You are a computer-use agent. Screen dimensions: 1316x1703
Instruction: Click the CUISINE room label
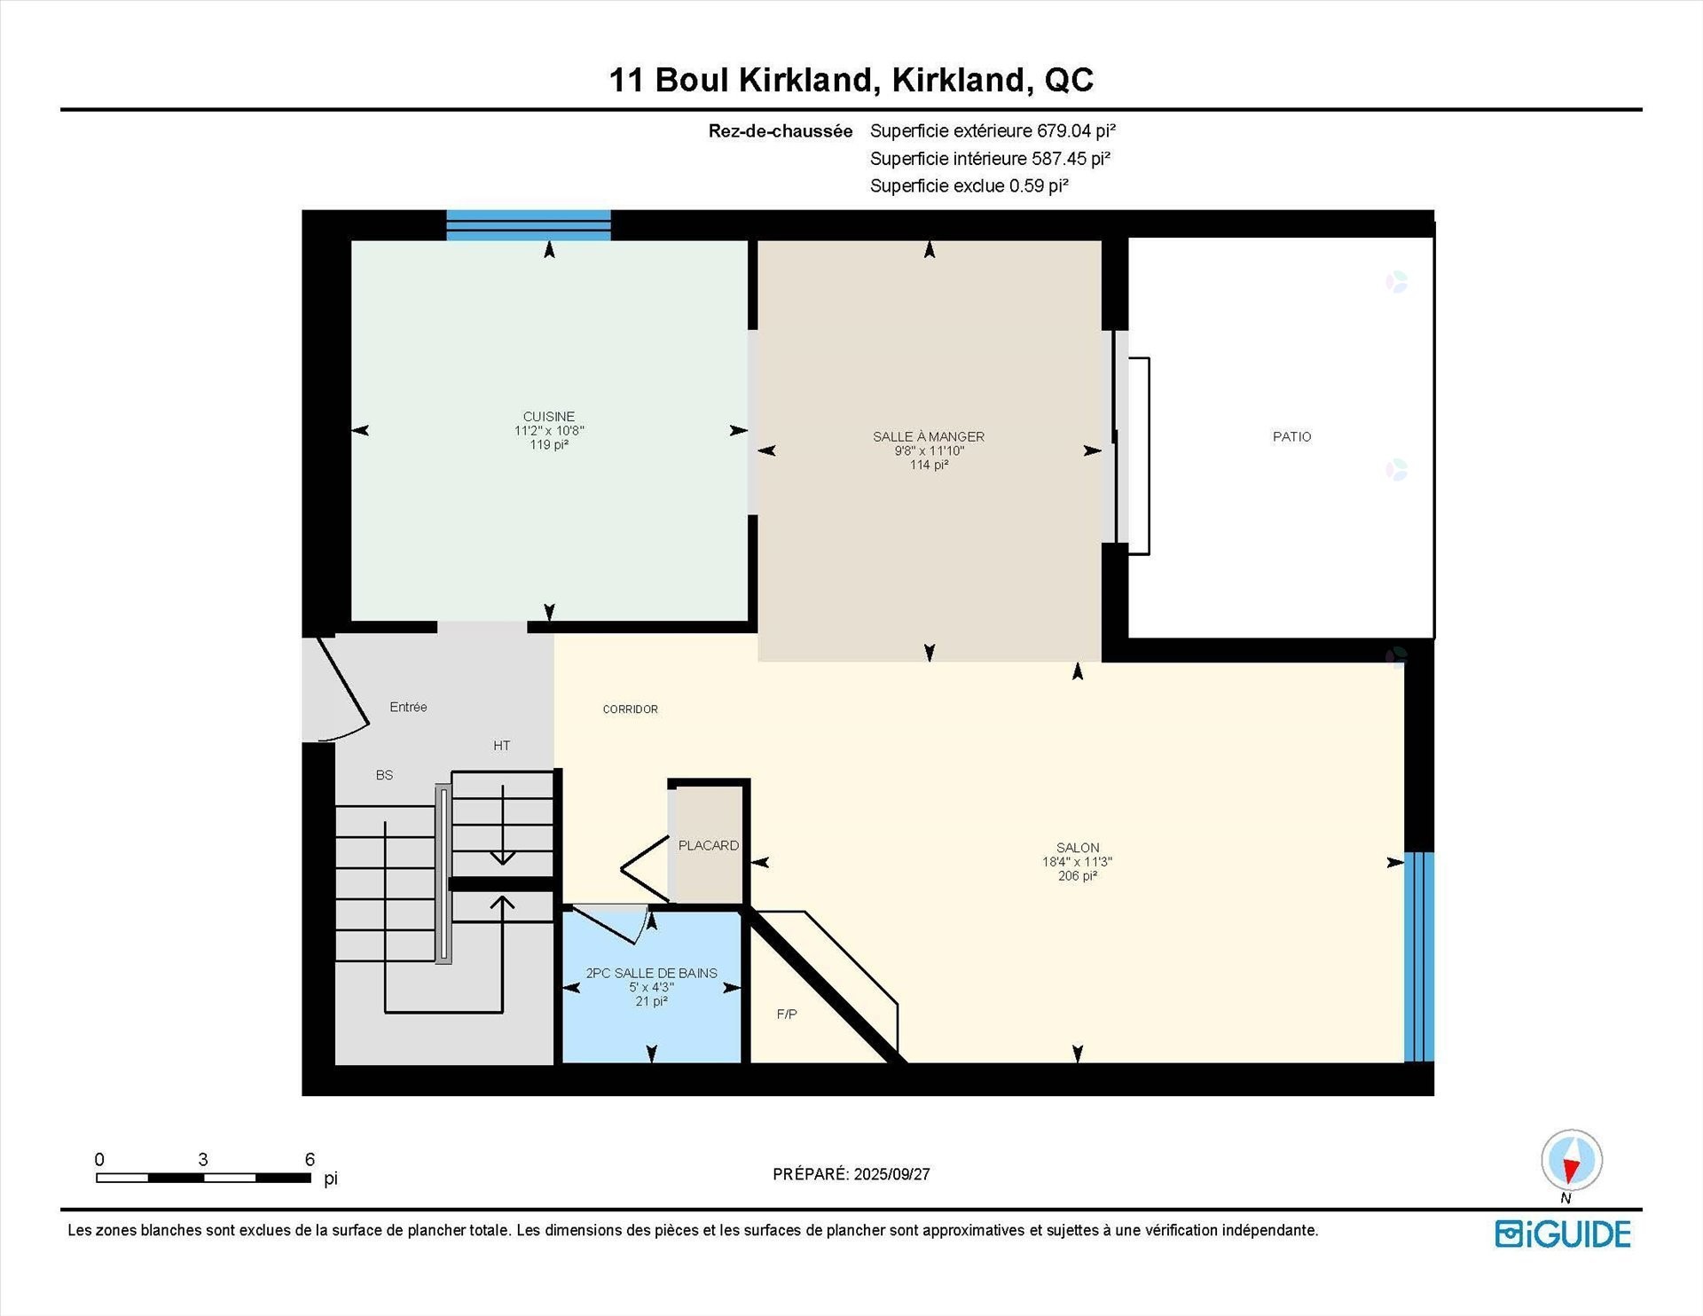tap(548, 417)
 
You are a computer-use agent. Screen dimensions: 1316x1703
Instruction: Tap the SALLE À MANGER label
tap(929, 436)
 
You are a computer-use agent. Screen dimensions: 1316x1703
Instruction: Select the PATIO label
tap(1291, 436)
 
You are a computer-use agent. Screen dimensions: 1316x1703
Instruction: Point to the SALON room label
tap(1077, 848)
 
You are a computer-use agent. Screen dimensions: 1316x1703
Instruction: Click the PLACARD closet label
tap(708, 845)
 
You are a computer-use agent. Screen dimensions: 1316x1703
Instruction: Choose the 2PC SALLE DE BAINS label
tap(651, 973)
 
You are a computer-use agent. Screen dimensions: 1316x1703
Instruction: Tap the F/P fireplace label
tap(786, 1014)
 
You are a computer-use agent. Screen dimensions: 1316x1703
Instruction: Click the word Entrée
tap(408, 707)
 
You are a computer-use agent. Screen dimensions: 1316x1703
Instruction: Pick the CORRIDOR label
tap(630, 709)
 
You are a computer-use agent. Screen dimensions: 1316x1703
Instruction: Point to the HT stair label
tap(501, 746)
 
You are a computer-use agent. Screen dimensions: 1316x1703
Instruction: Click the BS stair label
tap(384, 775)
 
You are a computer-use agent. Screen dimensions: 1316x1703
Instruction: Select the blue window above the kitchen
tap(528, 225)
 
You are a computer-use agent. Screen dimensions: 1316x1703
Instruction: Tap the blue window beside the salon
tap(1418, 956)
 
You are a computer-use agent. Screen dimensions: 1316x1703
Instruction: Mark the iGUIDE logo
tap(1563, 1234)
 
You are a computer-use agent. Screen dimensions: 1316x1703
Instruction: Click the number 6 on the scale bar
tap(310, 1159)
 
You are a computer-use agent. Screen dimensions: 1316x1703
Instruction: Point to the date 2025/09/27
tap(891, 1174)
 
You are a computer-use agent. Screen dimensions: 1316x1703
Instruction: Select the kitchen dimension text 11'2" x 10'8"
tap(549, 431)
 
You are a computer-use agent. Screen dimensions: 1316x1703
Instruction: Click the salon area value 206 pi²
tap(1077, 876)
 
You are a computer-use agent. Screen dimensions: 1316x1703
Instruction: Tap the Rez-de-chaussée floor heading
tap(780, 131)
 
